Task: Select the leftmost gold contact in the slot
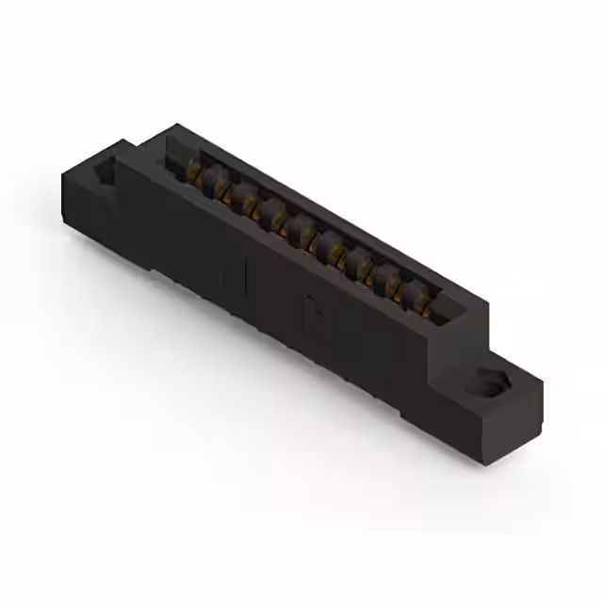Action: [x=196, y=171]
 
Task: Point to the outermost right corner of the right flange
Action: [x=543, y=382]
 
